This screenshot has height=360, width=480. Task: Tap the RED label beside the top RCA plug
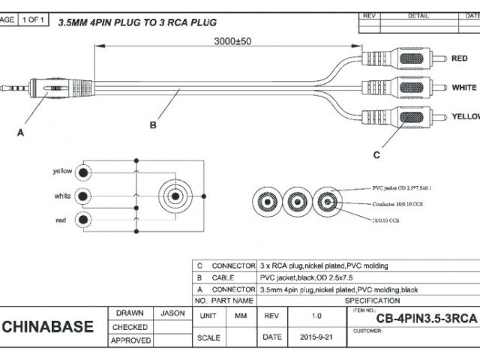[x=460, y=58]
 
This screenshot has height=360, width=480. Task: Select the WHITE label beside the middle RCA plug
[x=464, y=88]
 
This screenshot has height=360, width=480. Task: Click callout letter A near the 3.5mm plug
[x=20, y=132]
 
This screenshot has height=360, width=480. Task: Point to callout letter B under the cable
[x=153, y=125]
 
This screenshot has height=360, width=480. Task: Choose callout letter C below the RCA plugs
[x=376, y=154]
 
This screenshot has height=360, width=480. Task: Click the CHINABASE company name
[x=49, y=326]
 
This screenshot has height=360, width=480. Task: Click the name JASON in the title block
[x=173, y=313]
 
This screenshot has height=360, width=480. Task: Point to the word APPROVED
[x=130, y=340]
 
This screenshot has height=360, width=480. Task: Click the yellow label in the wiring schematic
[x=62, y=171]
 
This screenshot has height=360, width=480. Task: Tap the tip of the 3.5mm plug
[x=4, y=88]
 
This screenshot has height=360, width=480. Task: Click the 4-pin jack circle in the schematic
[x=175, y=196]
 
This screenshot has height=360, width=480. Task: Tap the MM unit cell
[x=241, y=316]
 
